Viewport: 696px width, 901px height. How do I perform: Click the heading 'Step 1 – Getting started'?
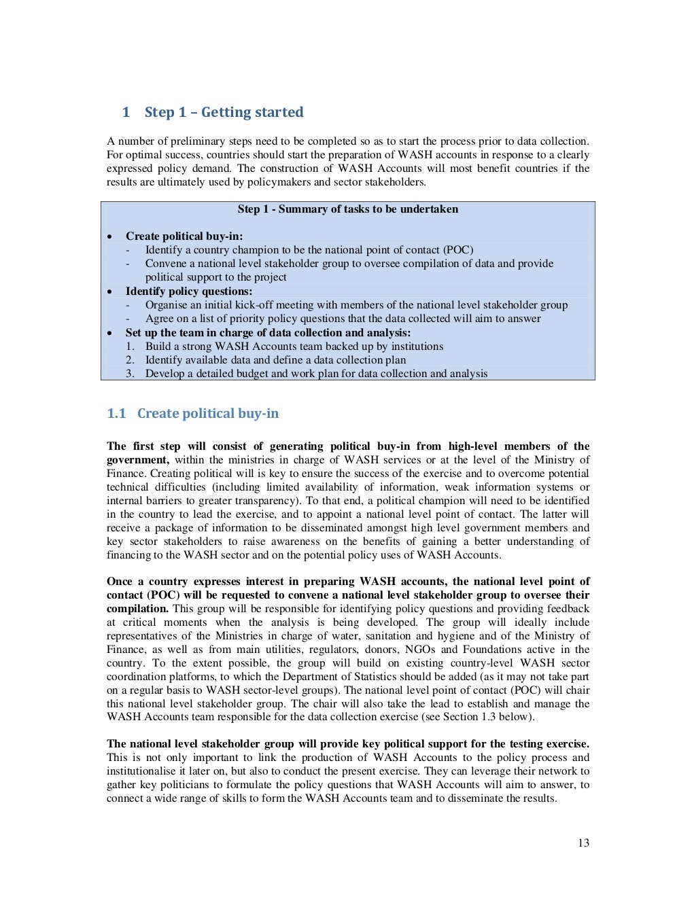tap(224, 112)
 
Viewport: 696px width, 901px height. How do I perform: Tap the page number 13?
tap(583, 843)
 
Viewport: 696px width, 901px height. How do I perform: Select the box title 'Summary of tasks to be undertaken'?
tap(368, 209)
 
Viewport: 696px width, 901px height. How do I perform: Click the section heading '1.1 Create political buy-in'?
tap(193, 413)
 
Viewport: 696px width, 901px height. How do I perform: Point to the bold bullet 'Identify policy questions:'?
tap(188, 291)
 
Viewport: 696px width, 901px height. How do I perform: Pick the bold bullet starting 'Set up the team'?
tap(268, 332)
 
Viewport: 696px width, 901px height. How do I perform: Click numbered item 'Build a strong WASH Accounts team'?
tap(294, 346)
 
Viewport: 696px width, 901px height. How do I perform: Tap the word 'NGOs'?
tap(419, 649)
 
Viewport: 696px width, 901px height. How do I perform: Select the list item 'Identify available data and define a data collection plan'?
tap(275, 359)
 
